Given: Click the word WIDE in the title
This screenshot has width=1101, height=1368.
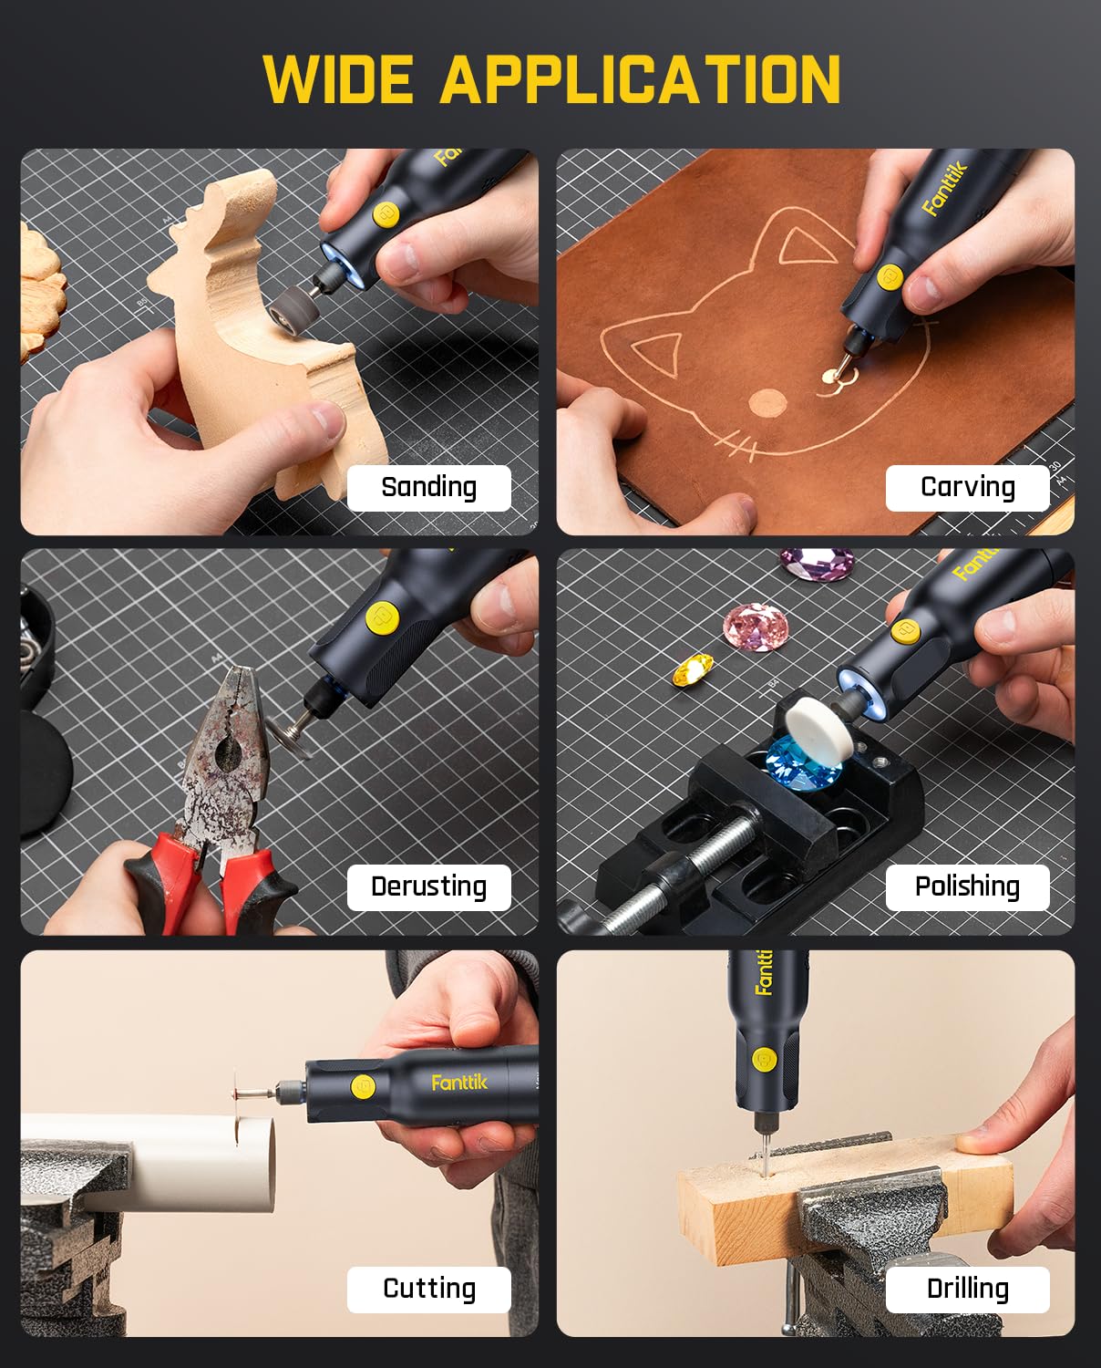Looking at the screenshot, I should [338, 80].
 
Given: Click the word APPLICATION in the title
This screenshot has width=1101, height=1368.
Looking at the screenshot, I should [641, 80].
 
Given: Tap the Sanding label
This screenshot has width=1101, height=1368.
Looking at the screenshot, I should [428, 487].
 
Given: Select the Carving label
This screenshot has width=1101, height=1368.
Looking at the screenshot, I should [967, 487].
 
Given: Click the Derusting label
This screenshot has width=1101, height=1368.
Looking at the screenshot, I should [428, 886].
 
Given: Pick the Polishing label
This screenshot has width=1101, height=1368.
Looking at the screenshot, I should [967, 886].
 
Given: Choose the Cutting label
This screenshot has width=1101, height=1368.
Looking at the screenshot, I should [428, 1289].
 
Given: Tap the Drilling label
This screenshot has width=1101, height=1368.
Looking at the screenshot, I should [967, 1289].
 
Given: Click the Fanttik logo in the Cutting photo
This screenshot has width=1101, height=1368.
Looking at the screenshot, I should [459, 1083].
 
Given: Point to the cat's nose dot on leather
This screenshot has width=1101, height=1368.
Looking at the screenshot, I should [767, 402].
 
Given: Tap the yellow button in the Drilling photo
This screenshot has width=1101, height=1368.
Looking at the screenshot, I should [763, 1060].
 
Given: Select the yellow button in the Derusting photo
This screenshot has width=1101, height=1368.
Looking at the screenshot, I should [381, 617].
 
